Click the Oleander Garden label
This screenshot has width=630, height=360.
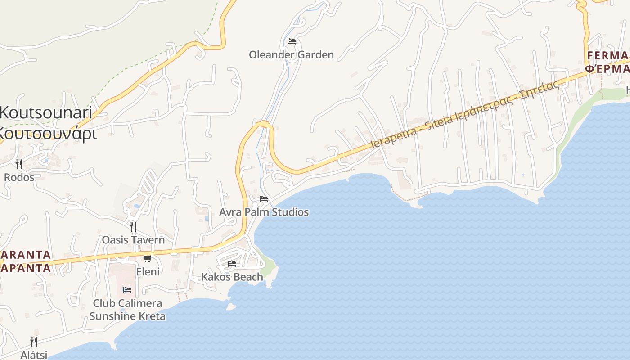[x=291, y=55]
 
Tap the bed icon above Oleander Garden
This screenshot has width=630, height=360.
[x=292, y=41]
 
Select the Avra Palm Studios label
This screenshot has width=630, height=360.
[x=264, y=212]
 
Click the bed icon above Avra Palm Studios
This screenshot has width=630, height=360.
[x=264, y=198]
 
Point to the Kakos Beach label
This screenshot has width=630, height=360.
[x=232, y=277]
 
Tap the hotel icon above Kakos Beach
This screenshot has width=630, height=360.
[x=232, y=263]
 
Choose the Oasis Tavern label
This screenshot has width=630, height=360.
[x=133, y=240]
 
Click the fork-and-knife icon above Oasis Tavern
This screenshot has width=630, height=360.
[x=133, y=226]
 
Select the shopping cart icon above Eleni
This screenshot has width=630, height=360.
[x=147, y=258]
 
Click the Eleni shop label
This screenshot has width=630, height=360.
[x=148, y=271]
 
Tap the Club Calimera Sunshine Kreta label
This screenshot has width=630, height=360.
[x=127, y=310]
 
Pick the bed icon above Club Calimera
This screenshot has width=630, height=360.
[x=127, y=290]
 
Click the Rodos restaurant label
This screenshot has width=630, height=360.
[x=19, y=177]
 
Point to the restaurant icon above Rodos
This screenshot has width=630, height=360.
[x=19, y=163]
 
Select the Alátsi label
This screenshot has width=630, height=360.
[x=34, y=355]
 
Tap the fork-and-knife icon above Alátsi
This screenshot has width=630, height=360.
[x=34, y=342]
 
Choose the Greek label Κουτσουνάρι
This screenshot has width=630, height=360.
[x=47, y=134]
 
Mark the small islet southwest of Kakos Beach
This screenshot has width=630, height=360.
[x=231, y=307]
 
